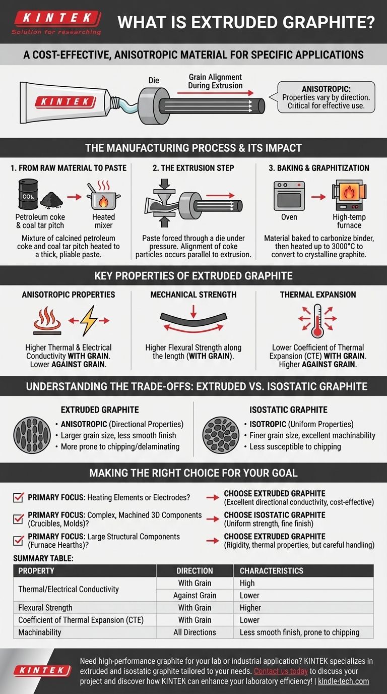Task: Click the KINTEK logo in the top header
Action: tap(55, 19)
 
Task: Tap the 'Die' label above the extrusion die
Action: tap(154, 80)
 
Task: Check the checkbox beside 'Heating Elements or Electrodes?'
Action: tap(19, 497)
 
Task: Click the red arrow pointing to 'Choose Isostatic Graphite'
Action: tap(212, 519)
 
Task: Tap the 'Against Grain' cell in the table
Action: tap(195, 595)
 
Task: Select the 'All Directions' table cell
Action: tap(195, 632)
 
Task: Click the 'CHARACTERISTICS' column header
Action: tap(271, 571)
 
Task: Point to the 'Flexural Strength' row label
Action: tap(45, 608)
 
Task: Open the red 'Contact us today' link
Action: tap(281, 671)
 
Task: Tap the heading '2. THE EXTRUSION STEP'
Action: tap(193, 168)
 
